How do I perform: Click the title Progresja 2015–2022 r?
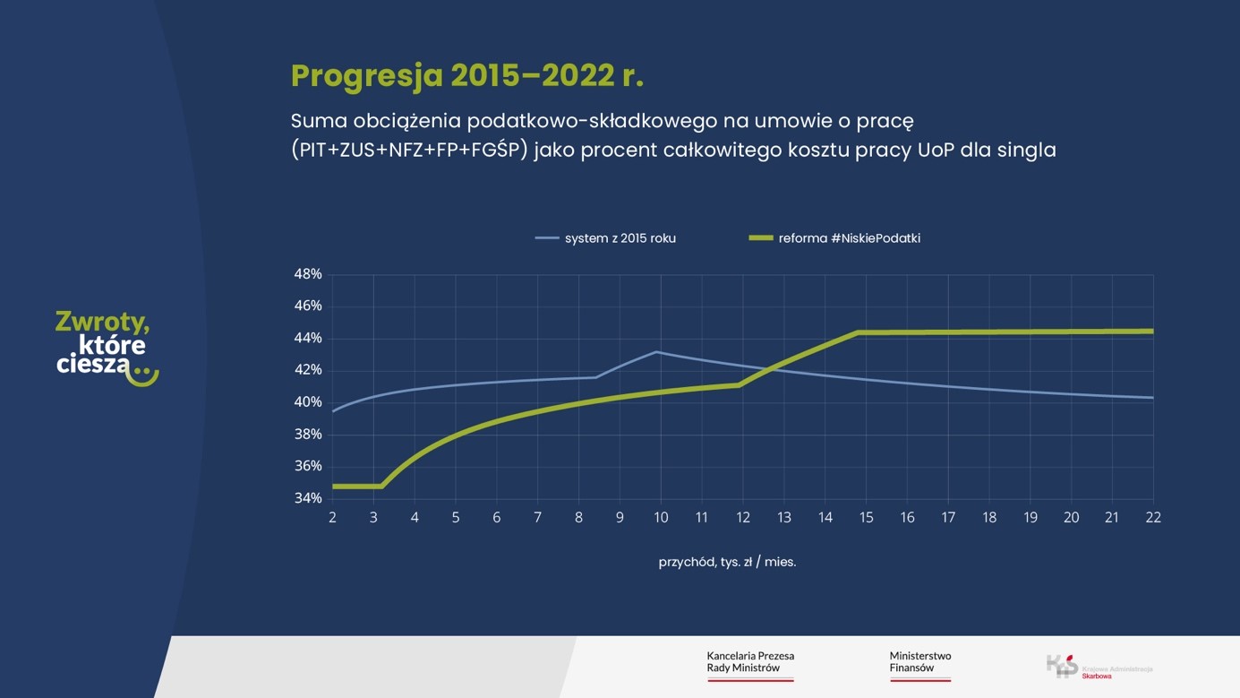tap(466, 76)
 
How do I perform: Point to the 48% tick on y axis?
tap(308, 274)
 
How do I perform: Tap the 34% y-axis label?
tap(308, 498)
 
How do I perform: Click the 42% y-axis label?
tap(308, 370)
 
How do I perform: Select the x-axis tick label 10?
tap(661, 517)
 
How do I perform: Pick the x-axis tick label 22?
tap(1152, 517)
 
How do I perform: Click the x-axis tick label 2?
tap(332, 517)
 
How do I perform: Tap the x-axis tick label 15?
tap(866, 517)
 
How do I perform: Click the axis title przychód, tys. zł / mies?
tap(727, 563)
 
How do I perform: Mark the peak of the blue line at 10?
tap(657, 352)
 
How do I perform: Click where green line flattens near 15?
tap(857, 332)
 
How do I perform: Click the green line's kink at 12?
tap(740, 384)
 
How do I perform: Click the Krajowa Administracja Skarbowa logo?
tap(1099, 667)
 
